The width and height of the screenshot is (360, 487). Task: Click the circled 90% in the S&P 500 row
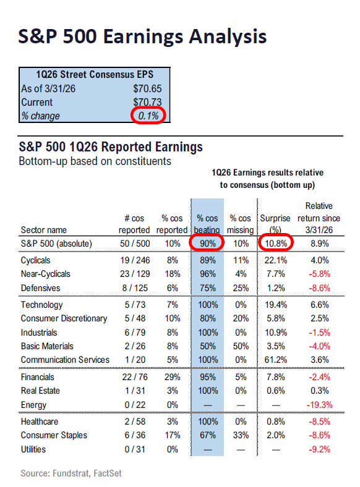coord(207,244)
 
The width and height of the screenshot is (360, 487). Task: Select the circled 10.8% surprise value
coord(275,244)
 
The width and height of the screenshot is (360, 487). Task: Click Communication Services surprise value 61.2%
coord(275,359)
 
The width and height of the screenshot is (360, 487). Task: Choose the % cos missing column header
coord(241,224)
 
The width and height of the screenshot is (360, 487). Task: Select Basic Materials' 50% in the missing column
coord(241,345)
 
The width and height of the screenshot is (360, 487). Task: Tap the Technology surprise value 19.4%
coord(275,305)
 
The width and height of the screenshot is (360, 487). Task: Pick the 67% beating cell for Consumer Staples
coord(207,434)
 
